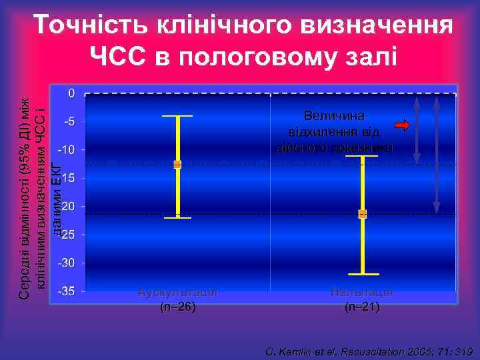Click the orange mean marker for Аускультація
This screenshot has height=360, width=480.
coord(177,164)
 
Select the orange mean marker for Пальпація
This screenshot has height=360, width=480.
coord(363,214)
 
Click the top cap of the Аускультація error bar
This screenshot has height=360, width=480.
coord(177,117)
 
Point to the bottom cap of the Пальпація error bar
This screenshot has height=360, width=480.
coord(363,274)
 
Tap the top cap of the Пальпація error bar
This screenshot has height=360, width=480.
coord(363,156)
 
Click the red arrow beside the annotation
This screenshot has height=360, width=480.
coord(403,125)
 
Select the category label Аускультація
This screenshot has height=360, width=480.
coord(177,292)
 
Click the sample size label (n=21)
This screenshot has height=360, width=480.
coord(362,307)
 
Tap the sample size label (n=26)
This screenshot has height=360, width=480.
coord(177,307)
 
